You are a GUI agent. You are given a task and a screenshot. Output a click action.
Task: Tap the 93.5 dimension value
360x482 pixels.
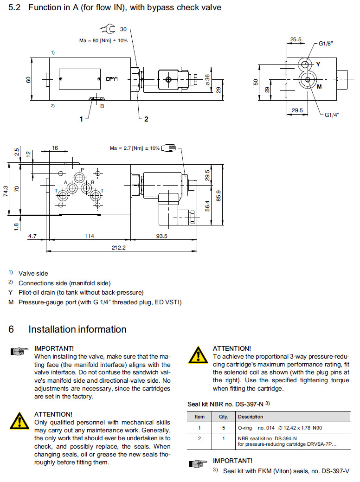(162, 236)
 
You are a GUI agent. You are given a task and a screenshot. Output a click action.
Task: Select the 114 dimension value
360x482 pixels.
(89, 236)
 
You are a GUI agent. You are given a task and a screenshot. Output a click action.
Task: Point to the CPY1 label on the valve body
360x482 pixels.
(112, 79)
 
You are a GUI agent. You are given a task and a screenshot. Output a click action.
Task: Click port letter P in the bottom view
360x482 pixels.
(82, 170)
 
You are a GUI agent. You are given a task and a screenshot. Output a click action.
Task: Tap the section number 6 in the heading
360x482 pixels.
(12, 329)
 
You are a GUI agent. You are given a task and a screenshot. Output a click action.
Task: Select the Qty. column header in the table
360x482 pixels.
(224, 417)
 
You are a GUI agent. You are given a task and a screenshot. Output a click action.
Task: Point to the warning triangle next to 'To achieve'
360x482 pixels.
(198, 355)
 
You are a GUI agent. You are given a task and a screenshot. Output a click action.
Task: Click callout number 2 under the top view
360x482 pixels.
(146, 119)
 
